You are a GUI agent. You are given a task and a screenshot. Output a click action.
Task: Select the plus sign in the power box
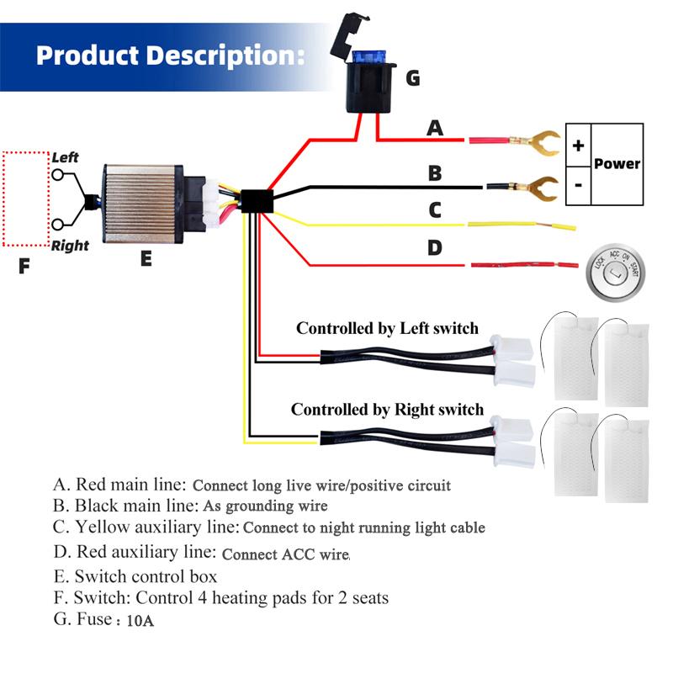(x=578, y=146)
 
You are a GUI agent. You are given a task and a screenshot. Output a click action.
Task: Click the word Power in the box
(x=617, y=164)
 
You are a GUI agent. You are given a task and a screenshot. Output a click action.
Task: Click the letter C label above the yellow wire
(x=435, y=209)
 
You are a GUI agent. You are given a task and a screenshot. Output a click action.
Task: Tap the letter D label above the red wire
(x=435, y=247)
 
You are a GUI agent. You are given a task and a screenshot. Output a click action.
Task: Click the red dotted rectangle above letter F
(x=24, y=199)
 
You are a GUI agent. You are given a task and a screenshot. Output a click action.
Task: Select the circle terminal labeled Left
(x=58, y=174)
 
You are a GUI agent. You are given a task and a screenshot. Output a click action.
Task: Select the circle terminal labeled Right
(x=58, y=224)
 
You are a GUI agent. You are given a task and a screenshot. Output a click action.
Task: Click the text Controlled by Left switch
(x=387, y=328)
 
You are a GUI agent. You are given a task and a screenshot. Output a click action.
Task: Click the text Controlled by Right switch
(x=387, y=410)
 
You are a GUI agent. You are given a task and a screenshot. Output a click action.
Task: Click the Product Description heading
(x=169, y=56)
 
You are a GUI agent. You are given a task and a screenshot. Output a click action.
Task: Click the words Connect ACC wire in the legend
(x=285, y=554)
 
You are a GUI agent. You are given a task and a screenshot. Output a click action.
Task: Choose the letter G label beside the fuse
(x=412, y=78)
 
